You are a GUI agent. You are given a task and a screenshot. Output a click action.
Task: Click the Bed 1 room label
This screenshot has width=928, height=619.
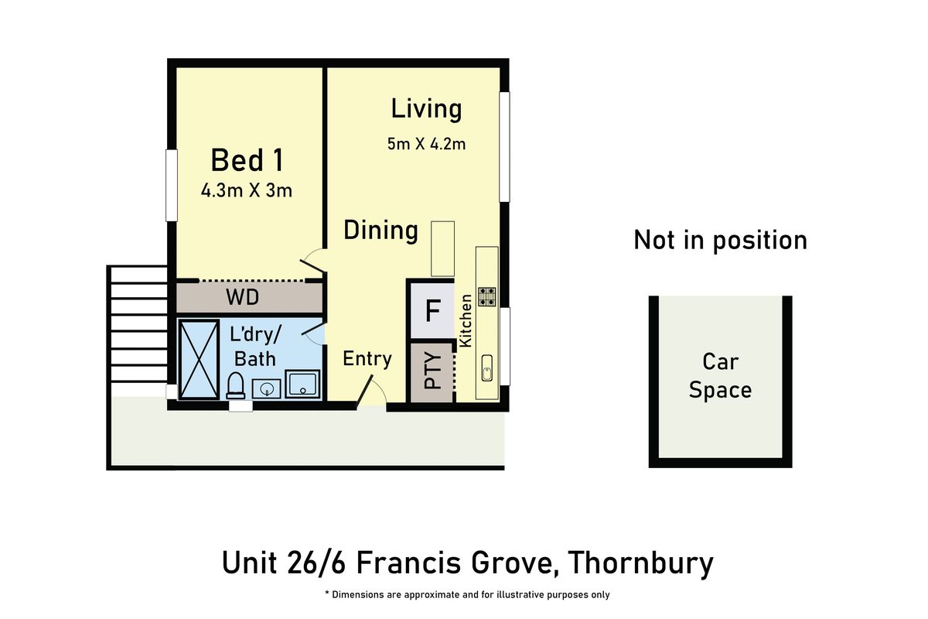click(x=247, y=161)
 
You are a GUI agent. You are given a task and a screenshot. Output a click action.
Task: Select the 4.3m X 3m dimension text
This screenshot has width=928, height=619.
click(x=247, y=190)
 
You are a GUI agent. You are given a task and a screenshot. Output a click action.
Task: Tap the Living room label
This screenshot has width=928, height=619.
click(x=426, y=109)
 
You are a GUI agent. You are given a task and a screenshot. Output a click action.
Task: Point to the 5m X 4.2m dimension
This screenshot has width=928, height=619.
click(x=426, y=144)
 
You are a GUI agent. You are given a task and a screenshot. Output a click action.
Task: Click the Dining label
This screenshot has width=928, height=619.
click(x=380, y=231)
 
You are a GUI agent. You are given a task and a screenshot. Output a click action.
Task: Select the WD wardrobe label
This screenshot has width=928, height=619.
click(x=242, y=298)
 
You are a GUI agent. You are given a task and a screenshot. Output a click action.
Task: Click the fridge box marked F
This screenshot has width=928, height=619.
click(x=432, y=311)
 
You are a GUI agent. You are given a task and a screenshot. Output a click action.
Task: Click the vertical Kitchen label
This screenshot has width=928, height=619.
click(x=466, y=320)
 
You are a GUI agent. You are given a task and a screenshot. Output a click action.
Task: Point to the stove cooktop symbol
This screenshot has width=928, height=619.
click(x=487, y=297)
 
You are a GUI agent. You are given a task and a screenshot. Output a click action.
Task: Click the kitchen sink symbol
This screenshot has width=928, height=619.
click(x=487, y=368)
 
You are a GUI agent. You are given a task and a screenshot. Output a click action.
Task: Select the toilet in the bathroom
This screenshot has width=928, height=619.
click(x=236, y=385)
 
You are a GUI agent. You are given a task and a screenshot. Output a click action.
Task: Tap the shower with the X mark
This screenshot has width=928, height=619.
click(x=200, y=360)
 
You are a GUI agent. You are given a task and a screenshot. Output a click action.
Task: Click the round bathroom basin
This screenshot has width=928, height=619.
click(x=267, y=386)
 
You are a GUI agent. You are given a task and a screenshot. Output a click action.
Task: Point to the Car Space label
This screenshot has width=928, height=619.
click(x=720, y=375)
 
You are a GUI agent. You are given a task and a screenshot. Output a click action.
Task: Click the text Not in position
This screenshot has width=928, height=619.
click(x=720, y=241)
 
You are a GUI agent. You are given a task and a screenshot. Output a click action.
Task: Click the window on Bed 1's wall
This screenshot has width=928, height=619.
click(x=172, y=186)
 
